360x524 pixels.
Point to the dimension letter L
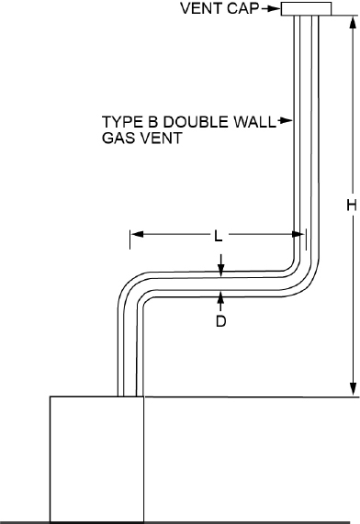coord(218,236)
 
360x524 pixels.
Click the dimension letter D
coord(220,322)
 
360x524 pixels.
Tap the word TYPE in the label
coord(121,120)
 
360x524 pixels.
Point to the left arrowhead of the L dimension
coord(134,236)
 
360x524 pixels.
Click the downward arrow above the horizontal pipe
coord(220,268)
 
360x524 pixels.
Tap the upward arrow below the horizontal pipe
coord(220,297)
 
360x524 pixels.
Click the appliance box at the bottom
coord(96,459)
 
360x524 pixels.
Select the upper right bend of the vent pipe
coord(303,266)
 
